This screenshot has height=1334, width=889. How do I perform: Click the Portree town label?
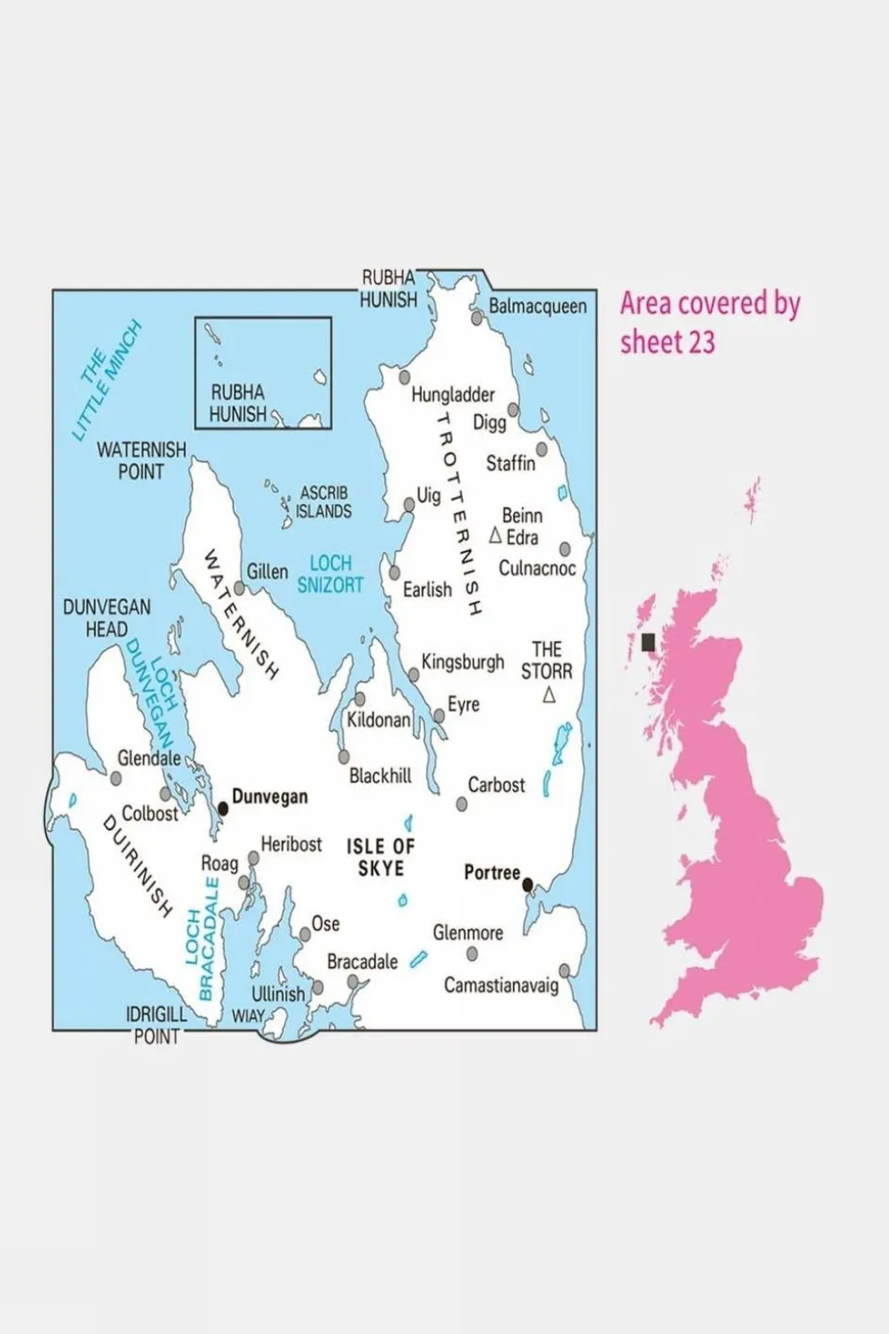491,873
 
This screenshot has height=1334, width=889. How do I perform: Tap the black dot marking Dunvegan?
222,809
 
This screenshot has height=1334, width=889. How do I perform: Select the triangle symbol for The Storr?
549,695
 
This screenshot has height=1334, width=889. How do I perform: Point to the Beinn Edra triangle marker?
495,536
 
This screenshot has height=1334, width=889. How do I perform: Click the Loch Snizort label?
330,574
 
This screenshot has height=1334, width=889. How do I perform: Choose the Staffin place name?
511,463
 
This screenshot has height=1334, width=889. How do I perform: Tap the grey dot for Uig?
409,505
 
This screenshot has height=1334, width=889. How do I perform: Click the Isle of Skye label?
380,858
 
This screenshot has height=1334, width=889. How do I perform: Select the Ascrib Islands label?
324,502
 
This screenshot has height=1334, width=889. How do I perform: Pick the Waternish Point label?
141,461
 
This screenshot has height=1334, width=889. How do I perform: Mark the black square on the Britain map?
648,642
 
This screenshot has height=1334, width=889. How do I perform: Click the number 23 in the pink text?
700,343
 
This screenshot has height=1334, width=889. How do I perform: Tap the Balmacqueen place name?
538,306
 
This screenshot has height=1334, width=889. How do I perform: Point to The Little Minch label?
107,379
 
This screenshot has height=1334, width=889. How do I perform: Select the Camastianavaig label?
501,985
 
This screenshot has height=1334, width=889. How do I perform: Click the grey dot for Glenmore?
472,954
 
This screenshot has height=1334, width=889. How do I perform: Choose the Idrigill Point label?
157,1025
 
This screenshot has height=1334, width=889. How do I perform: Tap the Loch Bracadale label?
203,941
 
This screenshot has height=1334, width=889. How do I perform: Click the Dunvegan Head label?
107,618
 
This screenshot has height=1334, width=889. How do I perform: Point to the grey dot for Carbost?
462,805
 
